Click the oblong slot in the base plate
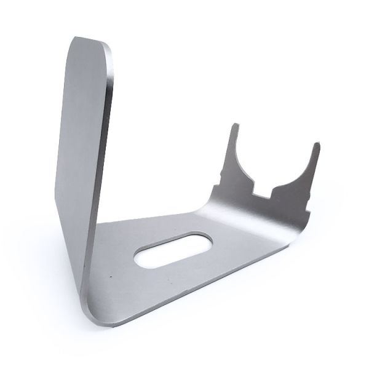coord(173,248)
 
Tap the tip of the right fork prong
coord(316,146)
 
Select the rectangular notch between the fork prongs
coord(262,193)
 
